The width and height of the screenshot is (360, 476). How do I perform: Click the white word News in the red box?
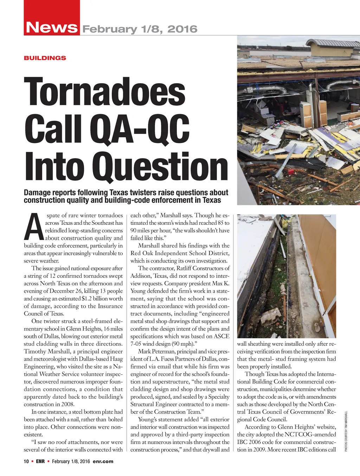click(52, 27)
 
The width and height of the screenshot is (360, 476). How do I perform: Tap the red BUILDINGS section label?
click(45, 58)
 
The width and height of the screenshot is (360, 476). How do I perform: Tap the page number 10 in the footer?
click(26, 461)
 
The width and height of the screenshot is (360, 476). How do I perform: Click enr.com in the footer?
click(103, 461)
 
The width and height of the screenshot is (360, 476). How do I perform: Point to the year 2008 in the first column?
click(67, 404)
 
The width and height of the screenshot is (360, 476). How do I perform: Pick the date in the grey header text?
click(140, 29)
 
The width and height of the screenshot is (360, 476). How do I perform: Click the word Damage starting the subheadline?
click(37, 193)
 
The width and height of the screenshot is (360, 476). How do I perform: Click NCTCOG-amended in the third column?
click(309, 435)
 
